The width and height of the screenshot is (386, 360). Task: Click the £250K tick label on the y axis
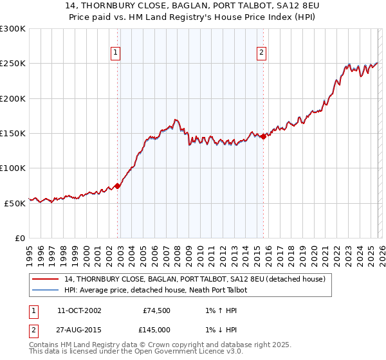[x=13, y=64]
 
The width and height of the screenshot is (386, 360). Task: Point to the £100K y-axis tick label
[x=13, y=168]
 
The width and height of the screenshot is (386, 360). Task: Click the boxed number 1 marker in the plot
[x=116, y=53]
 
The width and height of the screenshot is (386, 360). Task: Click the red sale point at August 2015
[x=264, y=136]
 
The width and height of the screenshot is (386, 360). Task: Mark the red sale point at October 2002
[x=118, y=186]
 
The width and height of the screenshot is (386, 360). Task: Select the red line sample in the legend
[x=46, y=279]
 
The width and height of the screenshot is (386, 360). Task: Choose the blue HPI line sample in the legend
[x=46, y=290]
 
